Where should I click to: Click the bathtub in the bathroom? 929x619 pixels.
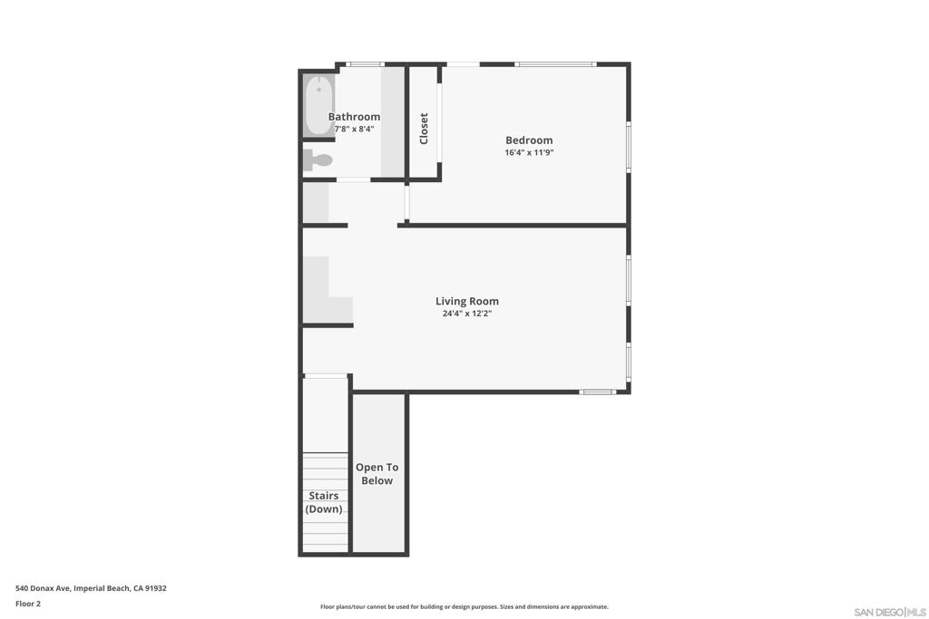point(318,106)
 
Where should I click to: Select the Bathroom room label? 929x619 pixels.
point(354,117)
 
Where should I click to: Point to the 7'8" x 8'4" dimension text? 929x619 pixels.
point(354,129)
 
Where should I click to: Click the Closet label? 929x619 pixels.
point(424,129)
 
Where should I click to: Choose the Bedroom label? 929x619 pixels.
point(529,140)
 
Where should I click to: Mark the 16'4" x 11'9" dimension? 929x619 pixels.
point(529,152)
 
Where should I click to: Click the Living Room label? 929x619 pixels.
point(467,302)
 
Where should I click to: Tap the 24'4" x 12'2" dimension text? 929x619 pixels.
point(467,314)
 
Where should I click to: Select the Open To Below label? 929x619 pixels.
point(377,474)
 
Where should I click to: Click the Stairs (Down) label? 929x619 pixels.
point(324,502)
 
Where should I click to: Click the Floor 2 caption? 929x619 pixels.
point(28,604)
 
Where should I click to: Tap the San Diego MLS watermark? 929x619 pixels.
point(890,613)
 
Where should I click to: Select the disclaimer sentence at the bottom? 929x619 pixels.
point(464,607)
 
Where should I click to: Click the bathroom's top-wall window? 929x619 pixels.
point(367,63)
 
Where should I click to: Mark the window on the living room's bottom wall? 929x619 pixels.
point(598,392)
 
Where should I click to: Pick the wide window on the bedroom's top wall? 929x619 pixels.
point(555,63)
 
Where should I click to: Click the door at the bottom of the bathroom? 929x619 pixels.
point(354,180)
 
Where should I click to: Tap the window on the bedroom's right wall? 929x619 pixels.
point(628,147)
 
